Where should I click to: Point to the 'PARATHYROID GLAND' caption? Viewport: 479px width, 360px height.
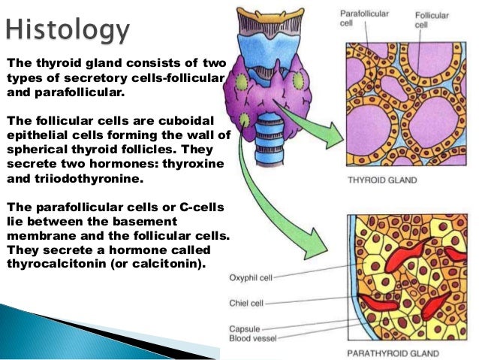[392, 352]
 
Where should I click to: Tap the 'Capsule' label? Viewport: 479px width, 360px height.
[245, 328]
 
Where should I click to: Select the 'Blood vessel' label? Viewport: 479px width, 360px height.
[252, 338]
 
